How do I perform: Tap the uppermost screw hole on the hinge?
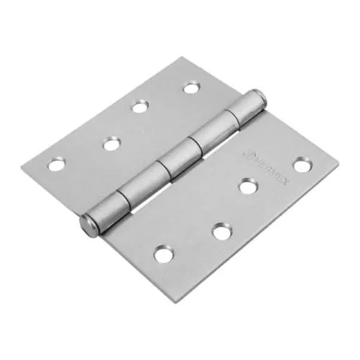point(190,87)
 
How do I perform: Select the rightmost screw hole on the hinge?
point(301,165)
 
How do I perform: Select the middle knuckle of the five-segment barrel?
point(174,158)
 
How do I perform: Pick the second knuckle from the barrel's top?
point(209,131)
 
